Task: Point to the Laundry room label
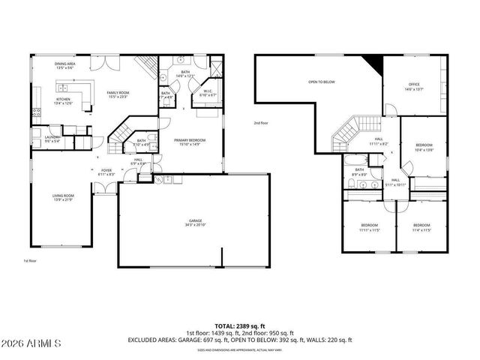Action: coord(52,137)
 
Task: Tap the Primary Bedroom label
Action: coord(190,139)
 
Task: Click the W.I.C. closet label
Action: coord(209,91)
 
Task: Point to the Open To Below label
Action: coord(321,82)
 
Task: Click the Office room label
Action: coord(413,84)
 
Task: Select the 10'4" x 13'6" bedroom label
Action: coord(424,147)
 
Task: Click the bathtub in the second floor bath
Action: coord(354,160)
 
